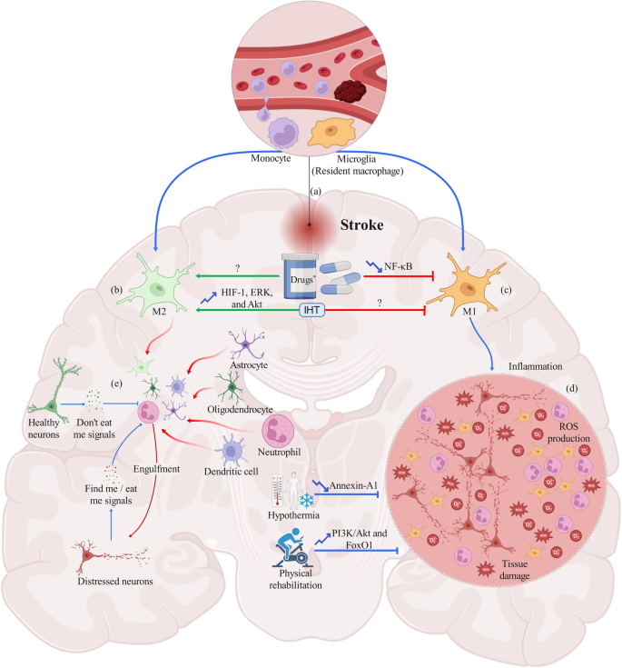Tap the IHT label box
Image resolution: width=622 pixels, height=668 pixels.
[x=310, y=310]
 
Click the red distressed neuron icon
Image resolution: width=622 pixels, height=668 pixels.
[x=91, y=553]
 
